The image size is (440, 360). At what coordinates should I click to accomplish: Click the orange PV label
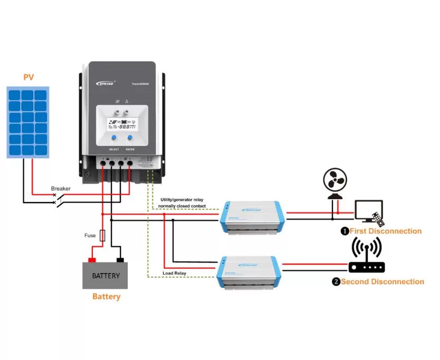pyautogui.click(x=28, y=77)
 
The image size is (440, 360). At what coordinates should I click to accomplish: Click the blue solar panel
pyautogui.click(x=28, y=122)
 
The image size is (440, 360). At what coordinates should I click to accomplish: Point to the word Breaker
pyautogui.click(x=61, y=188)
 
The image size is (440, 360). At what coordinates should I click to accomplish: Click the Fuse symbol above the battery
pyautogui.click(x=102, y=236)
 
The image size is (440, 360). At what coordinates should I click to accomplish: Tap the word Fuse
pyautogui.click(x=90, y=236)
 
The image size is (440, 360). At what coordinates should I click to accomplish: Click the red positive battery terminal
pyautogui.click(x=91, y=260)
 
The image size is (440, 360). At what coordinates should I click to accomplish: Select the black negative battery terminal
pyautogui.click(x=120, y=260)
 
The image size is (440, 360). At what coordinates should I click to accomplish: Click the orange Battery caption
pyautogui.click(x=106, y=297)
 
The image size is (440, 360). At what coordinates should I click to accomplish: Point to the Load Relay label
pyautogui.click(x=174, y=273)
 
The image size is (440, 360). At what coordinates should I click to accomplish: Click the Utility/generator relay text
pyautogui.click(x=183, y=200)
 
